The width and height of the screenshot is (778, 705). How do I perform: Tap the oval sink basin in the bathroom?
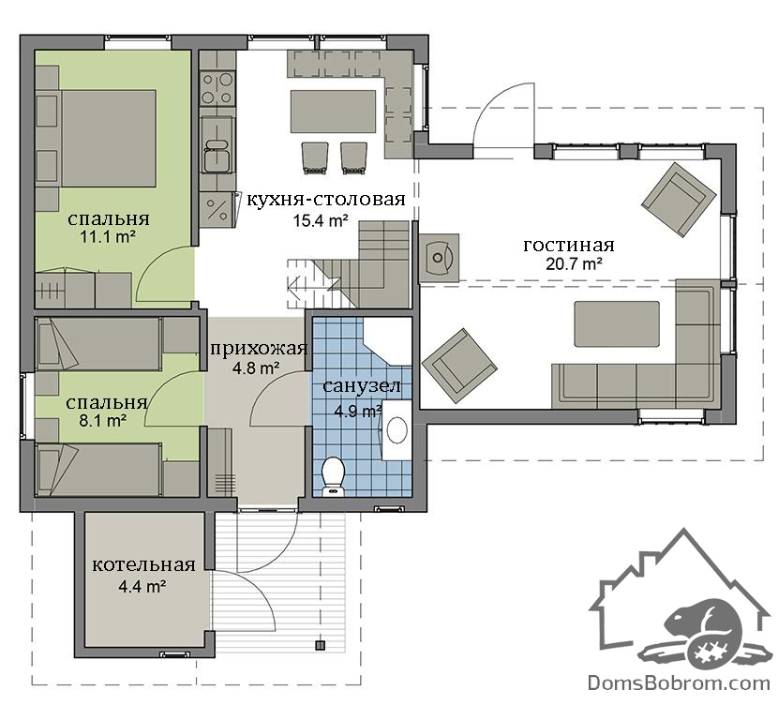click(396, 429)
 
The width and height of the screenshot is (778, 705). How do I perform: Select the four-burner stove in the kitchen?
click(217, 88)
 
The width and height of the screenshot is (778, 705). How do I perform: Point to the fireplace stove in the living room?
click(439, 258)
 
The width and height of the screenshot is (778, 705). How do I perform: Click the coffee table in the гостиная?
click(617, 324)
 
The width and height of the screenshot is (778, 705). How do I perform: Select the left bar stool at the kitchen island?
click(315, 158)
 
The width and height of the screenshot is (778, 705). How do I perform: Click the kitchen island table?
click(333, 112)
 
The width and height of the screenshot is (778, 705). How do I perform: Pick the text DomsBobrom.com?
click(679, 682)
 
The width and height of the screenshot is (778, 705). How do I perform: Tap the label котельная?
click(144, 565)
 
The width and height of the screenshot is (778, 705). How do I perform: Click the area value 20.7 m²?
click(574, 264)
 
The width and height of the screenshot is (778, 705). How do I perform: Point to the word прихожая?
click(259, 349)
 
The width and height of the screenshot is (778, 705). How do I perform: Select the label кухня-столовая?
click(326, 199)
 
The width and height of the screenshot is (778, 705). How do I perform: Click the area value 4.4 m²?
click(142, 587)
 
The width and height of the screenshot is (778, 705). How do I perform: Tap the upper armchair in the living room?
click(679, 199)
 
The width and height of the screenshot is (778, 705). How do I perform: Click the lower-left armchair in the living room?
click(459, 367)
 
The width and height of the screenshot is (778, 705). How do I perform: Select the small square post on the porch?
click(321, 645)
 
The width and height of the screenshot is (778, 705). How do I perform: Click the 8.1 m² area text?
click(103, 421)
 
